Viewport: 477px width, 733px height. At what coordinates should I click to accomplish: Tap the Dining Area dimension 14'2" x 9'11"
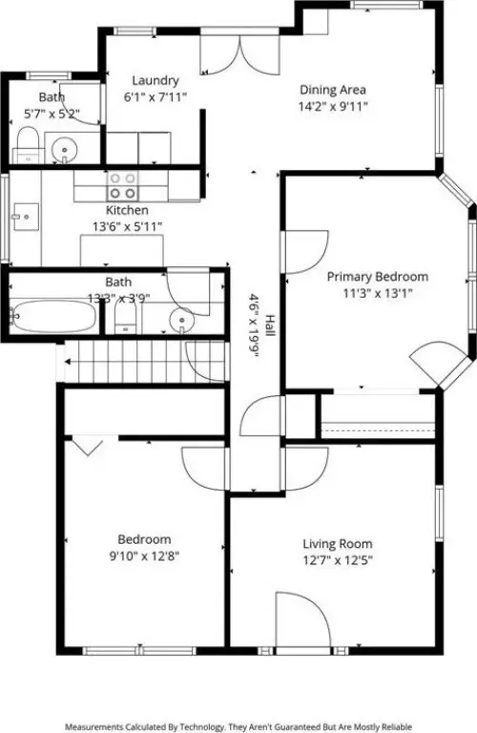tap(333, 107)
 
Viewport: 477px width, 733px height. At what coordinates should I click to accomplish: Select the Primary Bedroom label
tap(378, 277)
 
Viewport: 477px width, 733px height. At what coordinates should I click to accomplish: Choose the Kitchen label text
tap(127, 210)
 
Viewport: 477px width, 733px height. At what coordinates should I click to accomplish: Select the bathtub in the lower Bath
tap(52, 316)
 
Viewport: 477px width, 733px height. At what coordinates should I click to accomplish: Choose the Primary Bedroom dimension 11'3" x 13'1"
tap(378, 294)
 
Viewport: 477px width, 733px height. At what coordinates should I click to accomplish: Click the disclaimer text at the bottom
tap(238, 725)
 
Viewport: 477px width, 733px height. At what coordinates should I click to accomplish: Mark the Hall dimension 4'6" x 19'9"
tap(254, 325)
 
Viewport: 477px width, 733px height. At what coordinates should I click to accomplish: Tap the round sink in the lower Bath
tap(179, 320)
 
